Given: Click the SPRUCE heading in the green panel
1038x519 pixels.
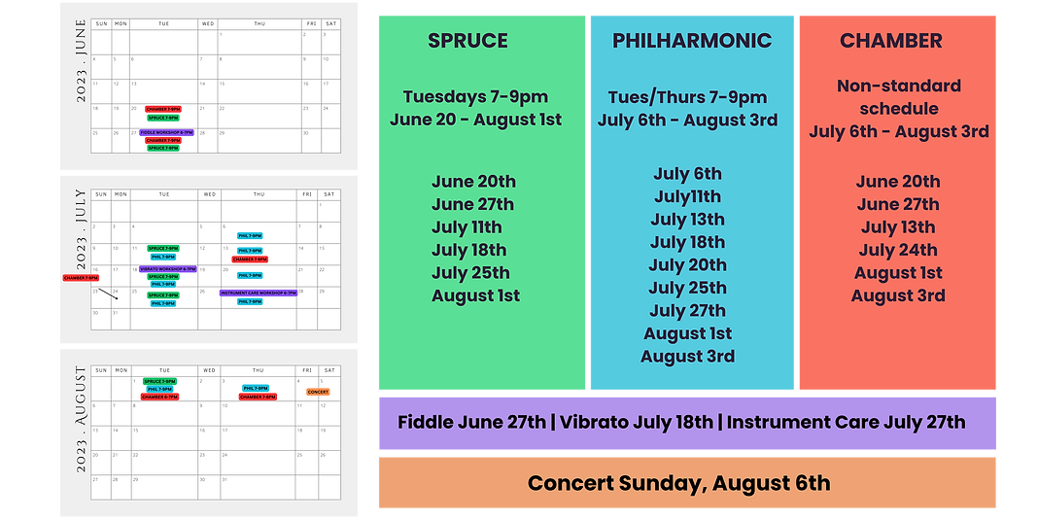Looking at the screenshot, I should (x=467, y=41).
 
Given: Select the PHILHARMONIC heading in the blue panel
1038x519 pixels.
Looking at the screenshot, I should (x=692, y=41).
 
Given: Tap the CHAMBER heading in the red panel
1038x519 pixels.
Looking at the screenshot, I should (x=891, y=41).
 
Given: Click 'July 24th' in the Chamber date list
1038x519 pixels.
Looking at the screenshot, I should (x=898, y=250).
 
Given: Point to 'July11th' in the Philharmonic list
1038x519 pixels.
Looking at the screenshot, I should (x=687, y=196).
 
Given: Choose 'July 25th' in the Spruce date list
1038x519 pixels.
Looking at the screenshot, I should (x=470, y=272).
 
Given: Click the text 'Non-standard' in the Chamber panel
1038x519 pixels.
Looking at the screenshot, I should (x=899, y=86).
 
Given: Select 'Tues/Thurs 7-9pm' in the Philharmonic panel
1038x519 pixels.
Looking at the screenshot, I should (x=687, y=97).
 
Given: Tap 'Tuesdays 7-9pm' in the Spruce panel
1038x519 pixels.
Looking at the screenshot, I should (x=475, y=96).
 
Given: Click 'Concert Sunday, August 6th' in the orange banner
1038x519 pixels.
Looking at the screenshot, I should (x=678, y=483).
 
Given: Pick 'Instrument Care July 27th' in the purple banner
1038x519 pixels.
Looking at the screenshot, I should (x=846, y=423).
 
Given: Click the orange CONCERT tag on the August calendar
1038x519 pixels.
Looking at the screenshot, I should (x=318, y=392).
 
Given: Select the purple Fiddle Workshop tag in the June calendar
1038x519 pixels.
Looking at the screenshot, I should (x=167, y=132).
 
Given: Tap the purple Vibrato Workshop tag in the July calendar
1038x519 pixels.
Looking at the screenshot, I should (x=168, y=269).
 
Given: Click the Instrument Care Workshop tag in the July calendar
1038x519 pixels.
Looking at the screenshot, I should (x=259, y=293).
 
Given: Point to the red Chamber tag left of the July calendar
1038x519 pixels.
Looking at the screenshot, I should (x=81, y=277).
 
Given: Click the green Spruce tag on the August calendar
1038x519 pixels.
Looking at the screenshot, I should (x=160, y=381).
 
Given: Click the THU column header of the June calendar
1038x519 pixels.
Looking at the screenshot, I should (x=259, y=21).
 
